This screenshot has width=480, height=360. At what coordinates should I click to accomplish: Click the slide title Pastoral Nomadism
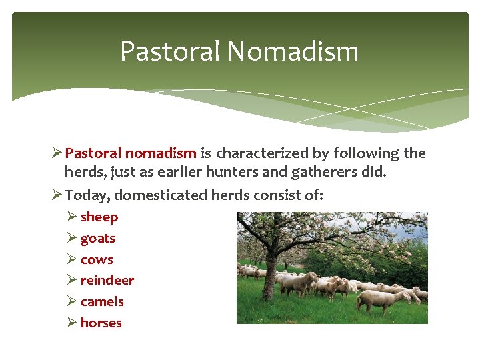point(239,51)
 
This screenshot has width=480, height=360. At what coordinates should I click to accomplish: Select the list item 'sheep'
point(99,217)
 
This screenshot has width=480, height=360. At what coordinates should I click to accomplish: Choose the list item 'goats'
point(97,238)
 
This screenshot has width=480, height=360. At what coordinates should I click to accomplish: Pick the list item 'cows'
point(97,259)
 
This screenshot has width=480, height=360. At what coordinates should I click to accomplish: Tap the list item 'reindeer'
point(107,280)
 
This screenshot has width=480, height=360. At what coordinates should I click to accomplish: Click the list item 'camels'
point(102,301)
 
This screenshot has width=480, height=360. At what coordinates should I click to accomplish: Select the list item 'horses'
point(101,323)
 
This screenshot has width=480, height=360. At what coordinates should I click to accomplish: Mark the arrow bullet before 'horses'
point(72,323)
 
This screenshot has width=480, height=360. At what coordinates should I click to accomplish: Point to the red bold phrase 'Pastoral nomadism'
point(131,153)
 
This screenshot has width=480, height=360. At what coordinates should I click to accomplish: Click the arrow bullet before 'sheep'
point(72,217)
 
